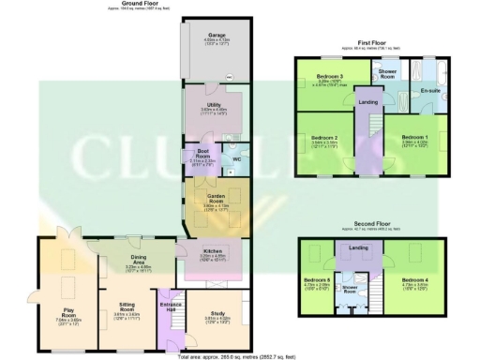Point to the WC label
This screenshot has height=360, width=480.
pyautogui.click(x=236, y=158)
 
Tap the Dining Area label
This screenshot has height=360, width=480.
pyautogui.click(x=139, y=259)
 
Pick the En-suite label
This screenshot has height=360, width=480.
pyautogui.click(x=431, y=90)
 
